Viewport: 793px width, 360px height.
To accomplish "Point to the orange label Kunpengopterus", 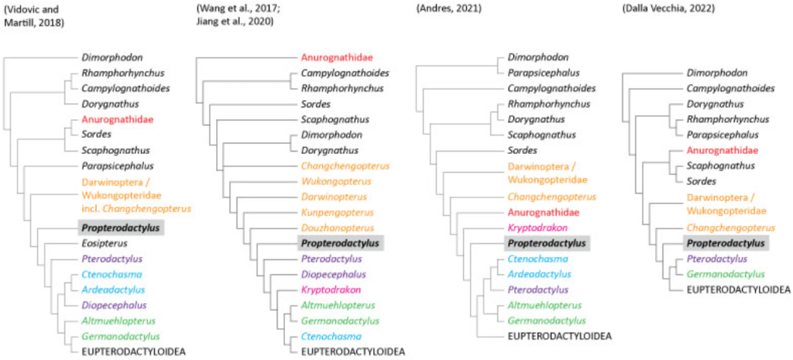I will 334,212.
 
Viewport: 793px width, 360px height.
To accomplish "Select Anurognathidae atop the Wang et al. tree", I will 335,57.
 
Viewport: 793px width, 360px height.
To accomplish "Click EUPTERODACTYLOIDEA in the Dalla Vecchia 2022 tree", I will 738,290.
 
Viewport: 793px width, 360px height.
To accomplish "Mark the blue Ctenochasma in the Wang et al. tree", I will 331,336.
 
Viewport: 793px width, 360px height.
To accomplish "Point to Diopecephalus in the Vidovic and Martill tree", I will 115,305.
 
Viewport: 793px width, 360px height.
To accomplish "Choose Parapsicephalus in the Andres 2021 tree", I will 544,73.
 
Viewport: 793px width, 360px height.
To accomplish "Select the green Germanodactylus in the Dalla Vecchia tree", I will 723,274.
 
